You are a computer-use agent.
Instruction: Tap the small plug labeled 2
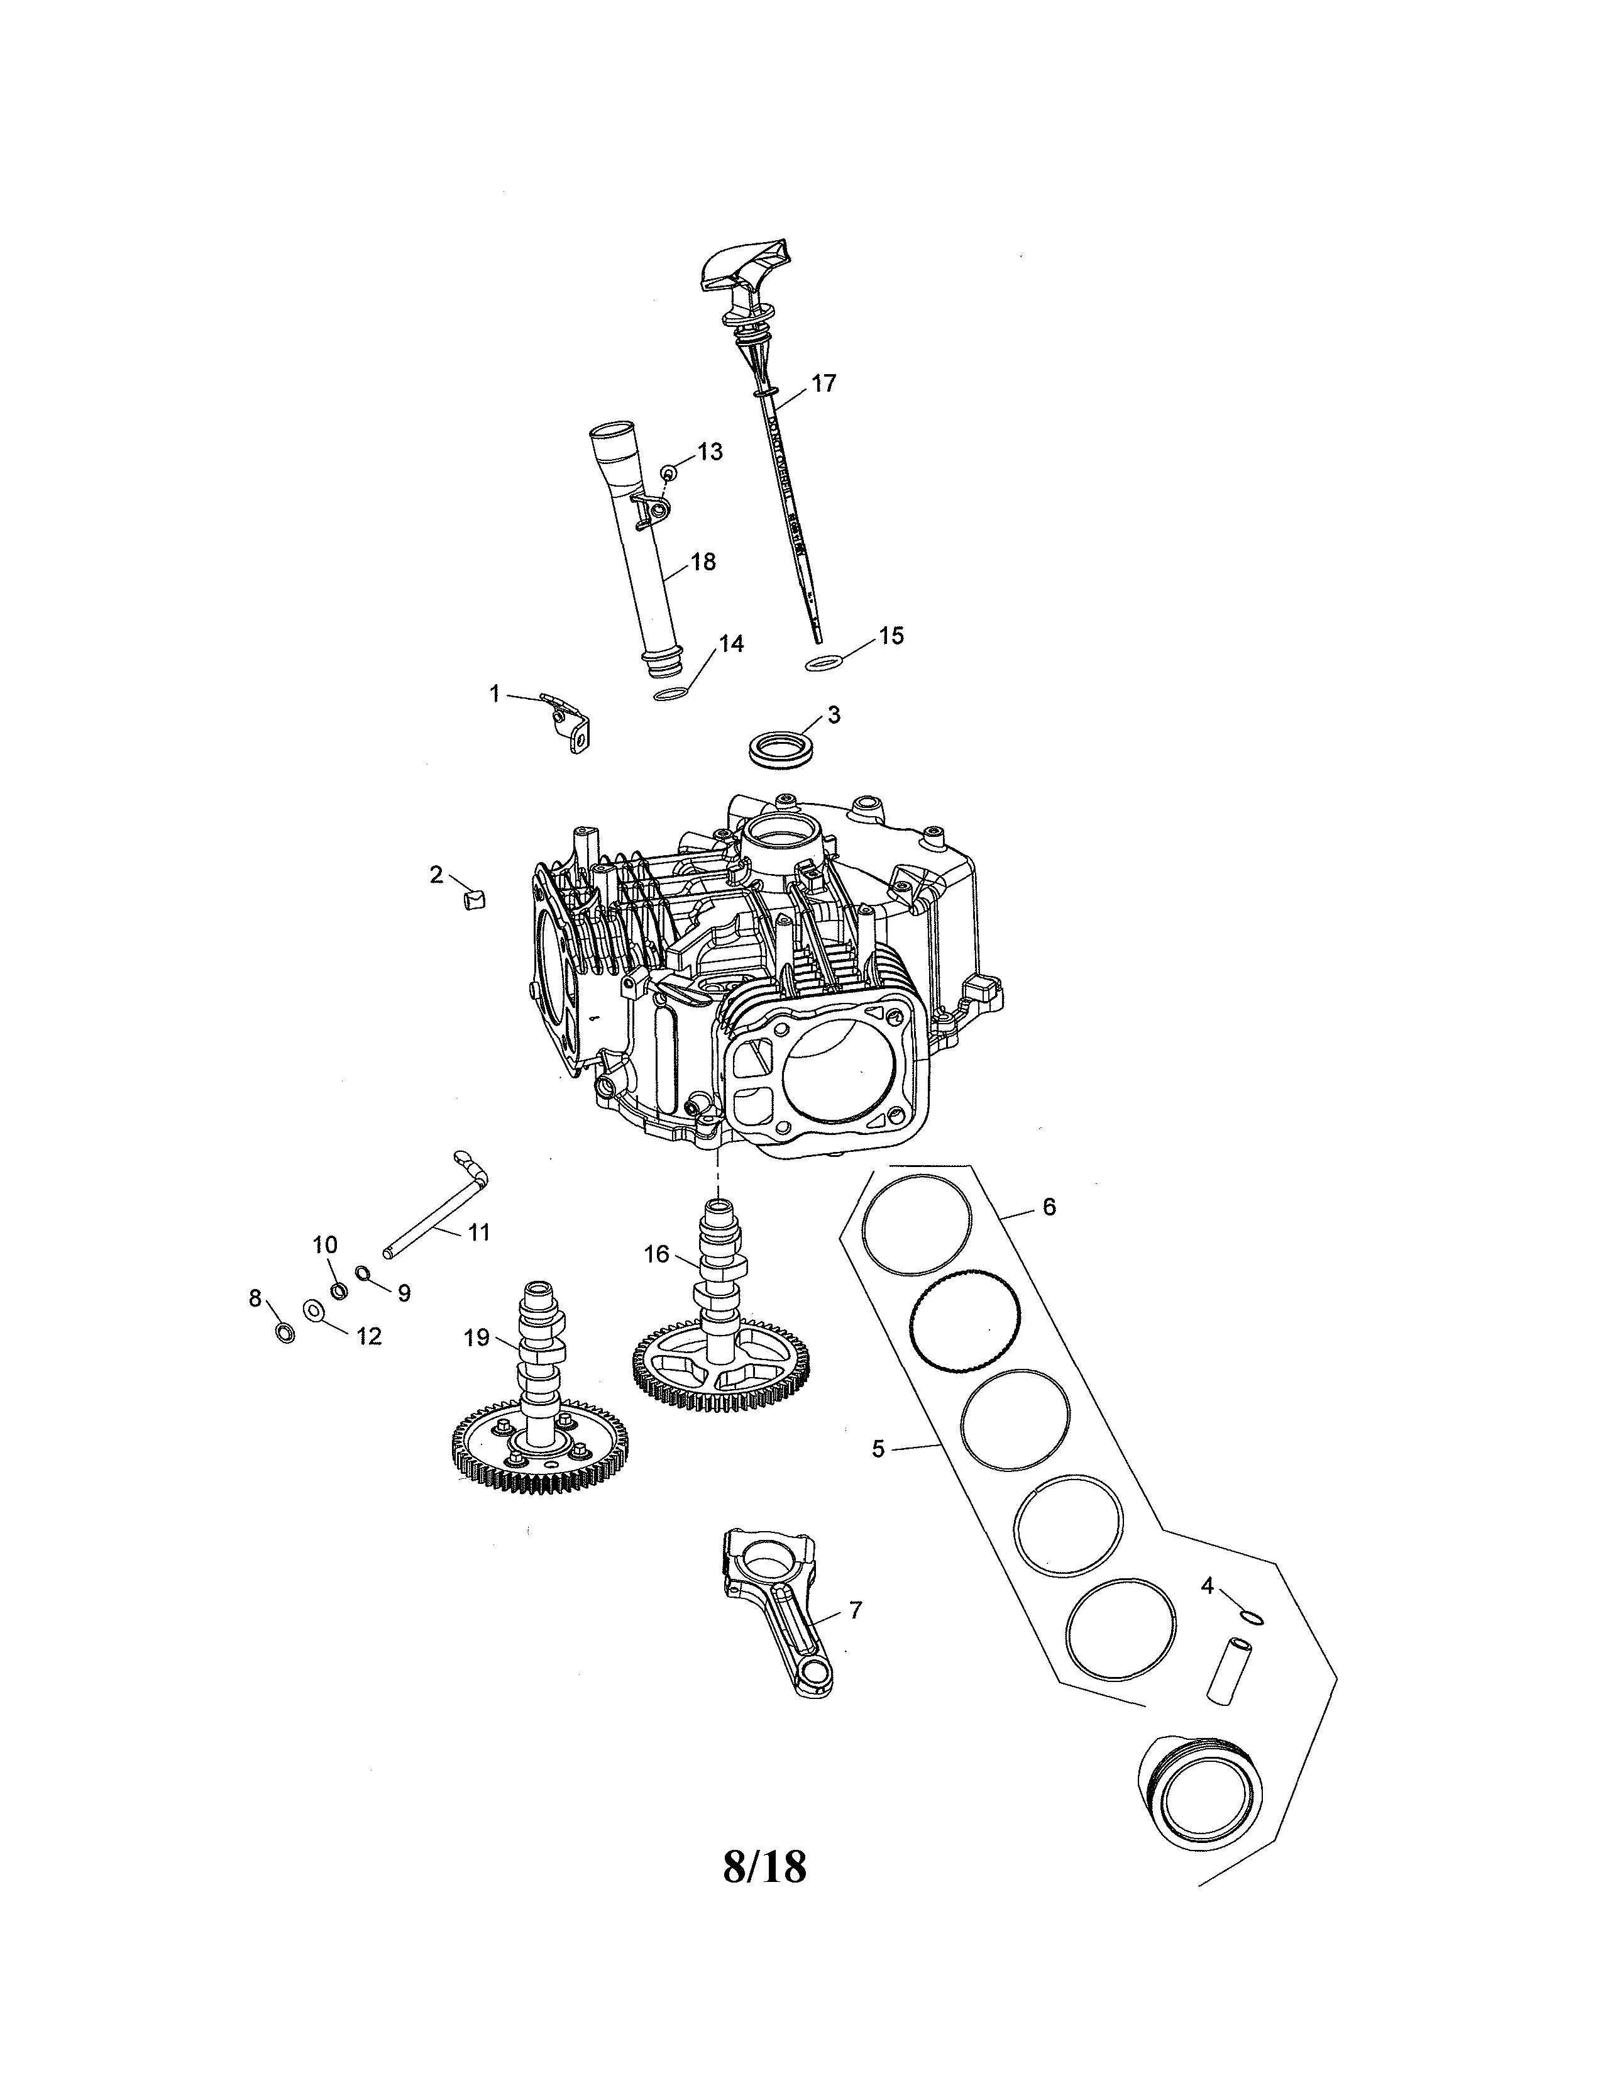point(474,898)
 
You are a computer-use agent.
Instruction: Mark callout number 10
point(325,1244)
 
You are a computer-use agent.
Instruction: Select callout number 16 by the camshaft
point(656,1254)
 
